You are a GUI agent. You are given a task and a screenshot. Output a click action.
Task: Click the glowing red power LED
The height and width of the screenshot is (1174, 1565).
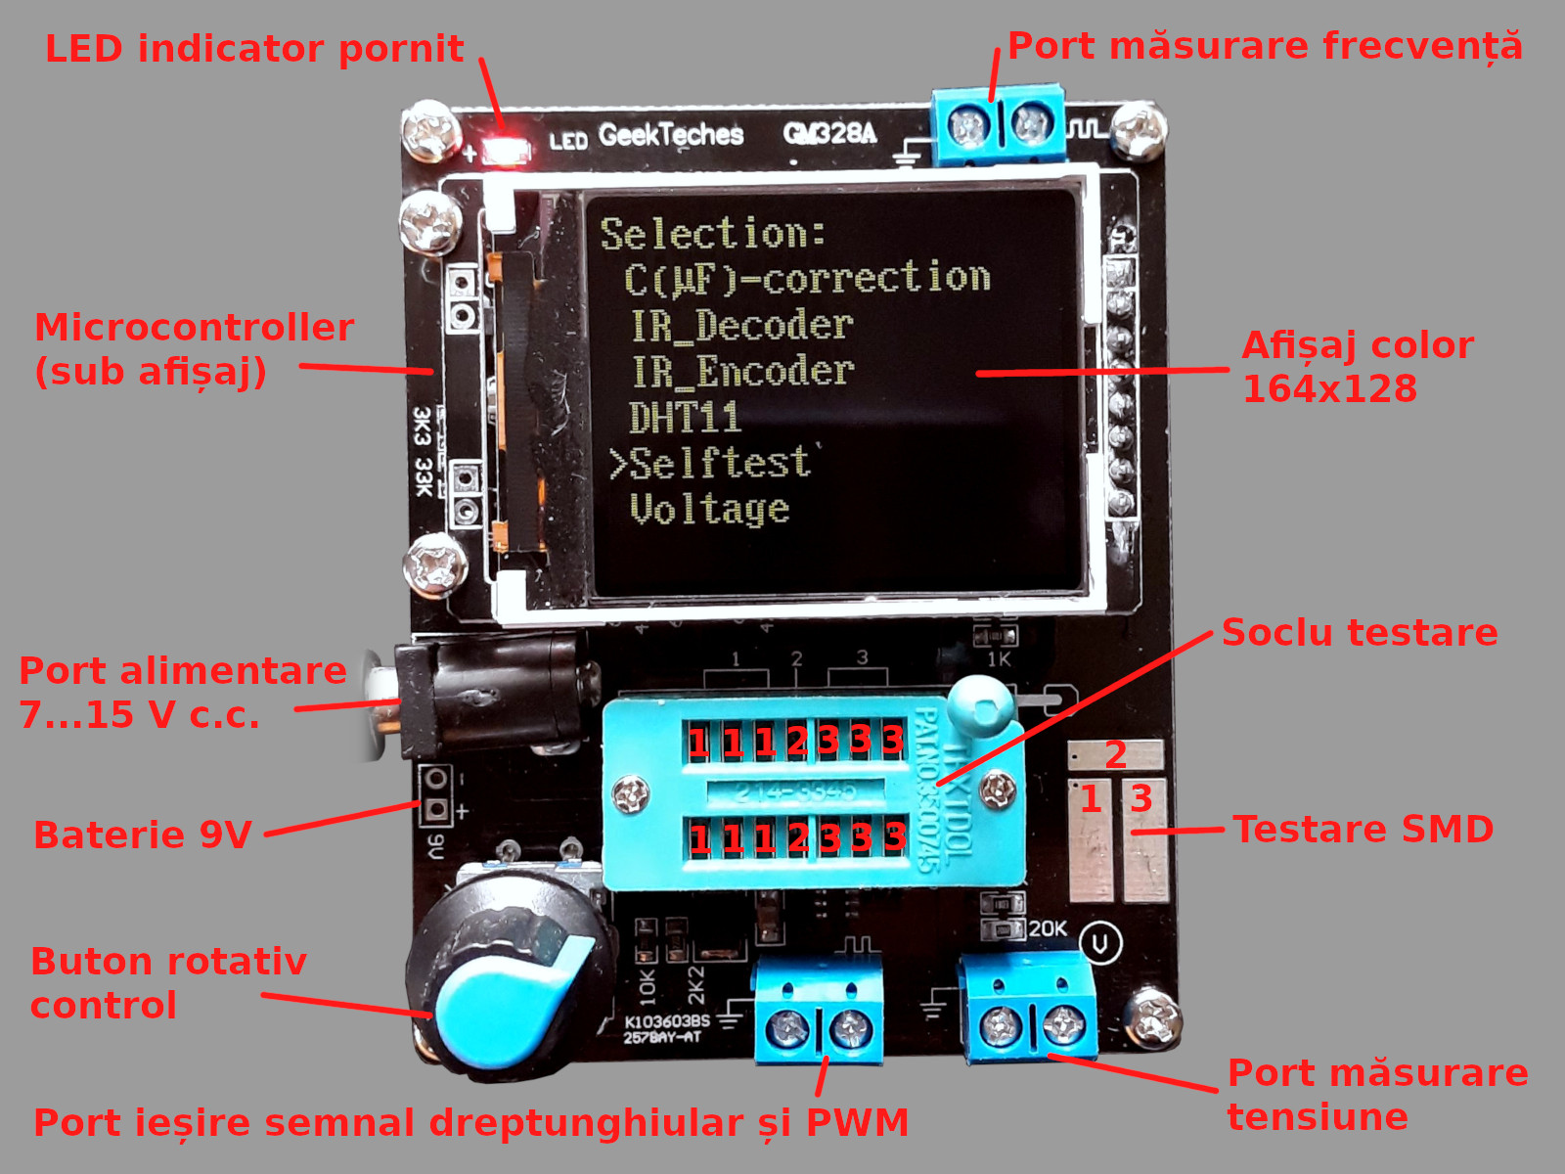click(x=507, y=151)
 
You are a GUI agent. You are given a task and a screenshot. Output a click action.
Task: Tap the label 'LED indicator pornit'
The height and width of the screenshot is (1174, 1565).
click(x=254, y=49)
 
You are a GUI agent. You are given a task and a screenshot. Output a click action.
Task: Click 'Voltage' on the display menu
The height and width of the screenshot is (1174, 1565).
click(x=709, y=509)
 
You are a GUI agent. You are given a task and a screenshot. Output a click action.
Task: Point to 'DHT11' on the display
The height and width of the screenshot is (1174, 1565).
click(x=685, y=418)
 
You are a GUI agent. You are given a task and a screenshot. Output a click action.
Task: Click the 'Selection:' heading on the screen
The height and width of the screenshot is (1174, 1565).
click(x=713, y=234)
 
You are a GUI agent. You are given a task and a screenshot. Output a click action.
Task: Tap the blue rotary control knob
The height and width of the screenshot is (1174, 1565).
click(x=509, y=988)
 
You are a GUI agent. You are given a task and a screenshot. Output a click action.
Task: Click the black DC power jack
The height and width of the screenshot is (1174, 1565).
click(x=489, y=697)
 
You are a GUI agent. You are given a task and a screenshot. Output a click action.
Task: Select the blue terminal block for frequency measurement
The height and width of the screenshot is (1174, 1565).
click(x=998, y=125)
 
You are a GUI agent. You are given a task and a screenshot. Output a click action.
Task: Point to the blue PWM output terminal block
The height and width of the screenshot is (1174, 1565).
click(x=819, y=1013)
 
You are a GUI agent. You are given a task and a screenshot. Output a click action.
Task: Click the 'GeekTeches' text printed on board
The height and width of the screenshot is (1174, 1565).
click(x=671, y=134)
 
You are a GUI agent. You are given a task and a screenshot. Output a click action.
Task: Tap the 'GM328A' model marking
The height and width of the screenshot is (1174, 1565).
click(x=829, y=132)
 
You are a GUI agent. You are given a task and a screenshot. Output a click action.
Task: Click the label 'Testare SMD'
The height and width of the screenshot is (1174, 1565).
click(x=1363, y=830)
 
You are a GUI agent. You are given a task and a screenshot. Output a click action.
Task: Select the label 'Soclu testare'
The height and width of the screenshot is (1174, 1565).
click(x=1360, y=633)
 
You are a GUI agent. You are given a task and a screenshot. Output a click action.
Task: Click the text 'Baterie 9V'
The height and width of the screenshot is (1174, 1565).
click(x=143, y=835)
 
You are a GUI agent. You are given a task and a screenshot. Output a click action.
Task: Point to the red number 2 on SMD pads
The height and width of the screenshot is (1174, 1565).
click(x=1116, y=754)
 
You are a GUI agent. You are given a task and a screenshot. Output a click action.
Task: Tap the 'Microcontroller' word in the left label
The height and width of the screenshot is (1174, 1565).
click(x=194, y=328)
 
